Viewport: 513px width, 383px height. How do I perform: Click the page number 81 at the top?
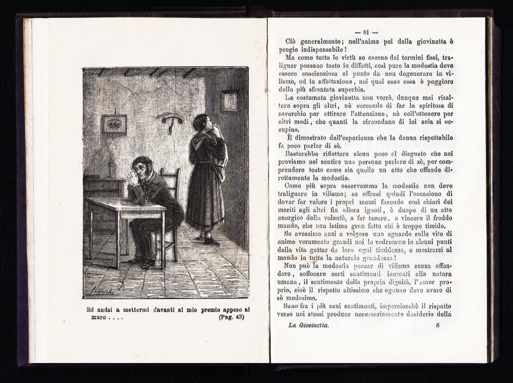coord(370,32)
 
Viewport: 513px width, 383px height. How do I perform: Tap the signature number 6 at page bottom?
coord(438,325)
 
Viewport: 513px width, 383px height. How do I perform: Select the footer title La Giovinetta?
coord(308,325)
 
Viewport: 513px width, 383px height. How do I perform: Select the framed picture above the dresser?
coord(114,124)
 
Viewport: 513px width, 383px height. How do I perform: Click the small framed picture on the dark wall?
coord(229,100)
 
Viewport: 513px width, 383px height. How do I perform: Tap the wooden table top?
coord(126,205)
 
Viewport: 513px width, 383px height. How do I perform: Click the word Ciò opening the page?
coord(291,41)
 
